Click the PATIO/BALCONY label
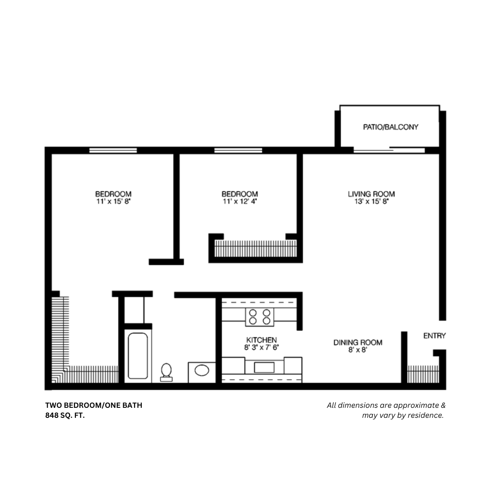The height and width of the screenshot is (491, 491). (x=390, y=127)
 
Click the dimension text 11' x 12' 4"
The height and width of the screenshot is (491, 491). (x=240, y=201)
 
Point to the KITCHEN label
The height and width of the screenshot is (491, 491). (x=261, y=340)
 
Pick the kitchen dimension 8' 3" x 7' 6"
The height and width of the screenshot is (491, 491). (x=261, y=347)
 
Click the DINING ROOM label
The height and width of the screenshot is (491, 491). (x=358, y=342)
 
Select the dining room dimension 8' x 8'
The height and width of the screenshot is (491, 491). (x=358, y=350)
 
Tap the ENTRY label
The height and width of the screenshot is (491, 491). (x=434, y=336)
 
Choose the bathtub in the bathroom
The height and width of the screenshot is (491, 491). (x=137, y=357)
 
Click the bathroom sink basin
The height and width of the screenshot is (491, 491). (x=201, y=371)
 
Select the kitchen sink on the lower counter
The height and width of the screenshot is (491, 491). (x=264, y=367)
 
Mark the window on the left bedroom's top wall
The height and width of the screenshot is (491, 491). (x=113, y=150)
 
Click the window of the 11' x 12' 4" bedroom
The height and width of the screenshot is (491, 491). (x=238, y=150)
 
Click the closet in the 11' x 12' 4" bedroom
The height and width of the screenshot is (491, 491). (x=255, y=249)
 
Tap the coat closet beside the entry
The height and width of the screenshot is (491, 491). (x=423, y=374)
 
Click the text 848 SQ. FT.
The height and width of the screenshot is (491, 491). (x=65, y=415)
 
